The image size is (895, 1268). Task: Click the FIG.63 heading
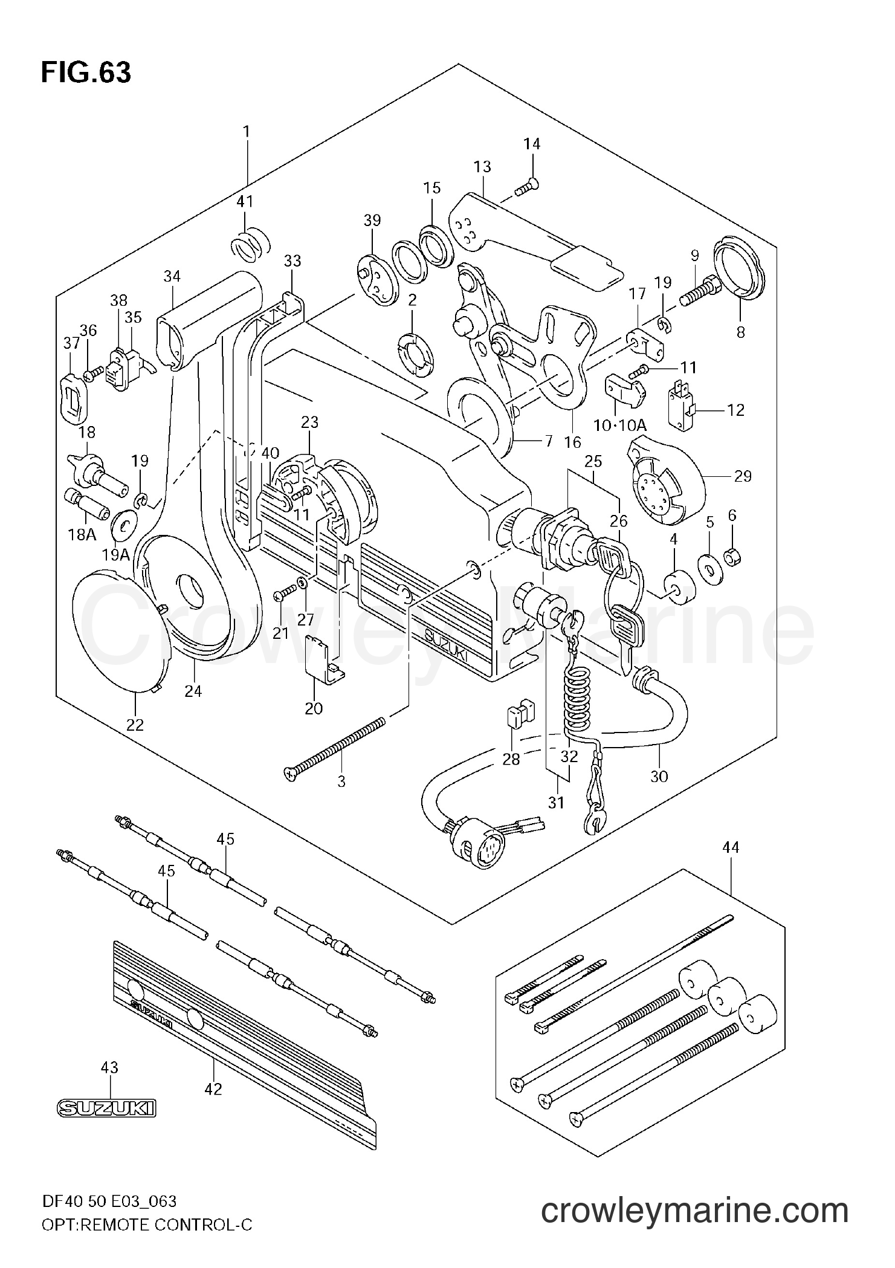click(86, 73)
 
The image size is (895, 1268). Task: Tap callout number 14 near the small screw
click(532, 144)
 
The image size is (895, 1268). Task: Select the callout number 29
click(743, 476)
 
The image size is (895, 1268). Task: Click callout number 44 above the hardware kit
click(730, 848)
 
